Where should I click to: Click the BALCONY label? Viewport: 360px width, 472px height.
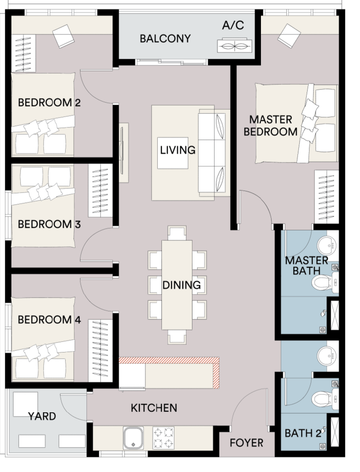point(165,38)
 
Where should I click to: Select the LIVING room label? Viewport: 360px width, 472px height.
point(178,150)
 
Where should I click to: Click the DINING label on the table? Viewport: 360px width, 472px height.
point(181,285)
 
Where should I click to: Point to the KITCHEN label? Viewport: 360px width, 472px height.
point(154,408)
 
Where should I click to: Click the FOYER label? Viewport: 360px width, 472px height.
point(247,443)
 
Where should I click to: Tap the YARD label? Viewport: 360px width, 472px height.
point(42,416)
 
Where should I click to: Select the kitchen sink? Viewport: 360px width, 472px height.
point(133,438)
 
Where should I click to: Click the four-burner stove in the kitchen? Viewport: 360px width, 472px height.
point(163,438)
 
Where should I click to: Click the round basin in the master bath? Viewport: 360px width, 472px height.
point(327,245)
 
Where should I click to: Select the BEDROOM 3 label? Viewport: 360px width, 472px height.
point(50,224)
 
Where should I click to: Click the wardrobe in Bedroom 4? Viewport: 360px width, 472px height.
point(100,351)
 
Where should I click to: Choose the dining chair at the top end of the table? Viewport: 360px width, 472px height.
point(177,233)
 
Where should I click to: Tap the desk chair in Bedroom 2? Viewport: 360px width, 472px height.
point(63,36)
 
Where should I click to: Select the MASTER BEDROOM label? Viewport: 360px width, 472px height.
point(271,126)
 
